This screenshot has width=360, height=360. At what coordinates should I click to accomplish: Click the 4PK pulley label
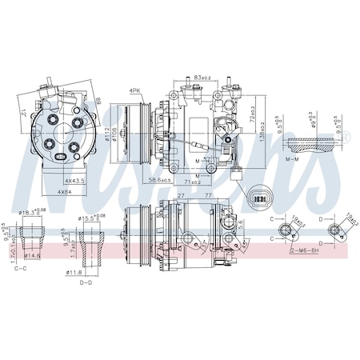click(135, 91)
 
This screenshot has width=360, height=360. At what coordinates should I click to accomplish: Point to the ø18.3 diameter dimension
click(32, 212)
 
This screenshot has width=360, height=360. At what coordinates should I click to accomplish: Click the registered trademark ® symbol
click(346, 138)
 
